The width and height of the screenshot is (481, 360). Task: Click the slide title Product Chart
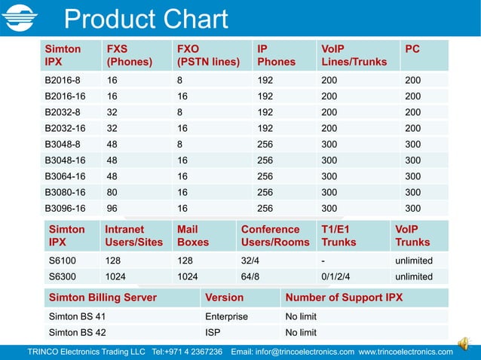pyautogui.click(x=145, y=19)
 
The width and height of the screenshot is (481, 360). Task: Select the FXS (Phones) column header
pyautogui.click(x=129, y=55)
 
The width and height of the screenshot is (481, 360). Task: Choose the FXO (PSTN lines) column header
pyautogui.click(x=208, y=55)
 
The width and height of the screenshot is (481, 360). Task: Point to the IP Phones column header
pyautogui.click(x=276, y=55)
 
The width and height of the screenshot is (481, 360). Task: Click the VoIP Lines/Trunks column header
pyautogui.click(x=354, y=55)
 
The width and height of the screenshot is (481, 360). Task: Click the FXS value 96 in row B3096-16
pyautogui.click(x=112, y=209)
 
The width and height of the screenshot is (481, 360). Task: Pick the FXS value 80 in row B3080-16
pyautogui.click(x=112, y=192)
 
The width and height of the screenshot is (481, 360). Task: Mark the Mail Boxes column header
pyautogui.click(x=193, y=235)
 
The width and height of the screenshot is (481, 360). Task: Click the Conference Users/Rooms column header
pyautogui.click(x=275, y=235)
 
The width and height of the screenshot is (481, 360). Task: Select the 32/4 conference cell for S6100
pyautogui.click(x=251, y=260)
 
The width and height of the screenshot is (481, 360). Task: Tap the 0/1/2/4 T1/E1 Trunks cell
pyautogui.click(x=336, y=276)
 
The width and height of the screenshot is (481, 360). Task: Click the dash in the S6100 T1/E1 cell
pyautogui.click(x=323, y=260)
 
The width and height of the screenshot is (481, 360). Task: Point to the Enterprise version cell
pyautogui.click(x=226, y=316)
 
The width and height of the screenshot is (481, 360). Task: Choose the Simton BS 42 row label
pyautogui.click(x=76, y=332)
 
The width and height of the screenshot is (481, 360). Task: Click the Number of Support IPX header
pyautogui.click(x=344, y=297)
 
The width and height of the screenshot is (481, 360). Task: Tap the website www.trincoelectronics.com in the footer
pyautogui.click(x=406, y=351)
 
